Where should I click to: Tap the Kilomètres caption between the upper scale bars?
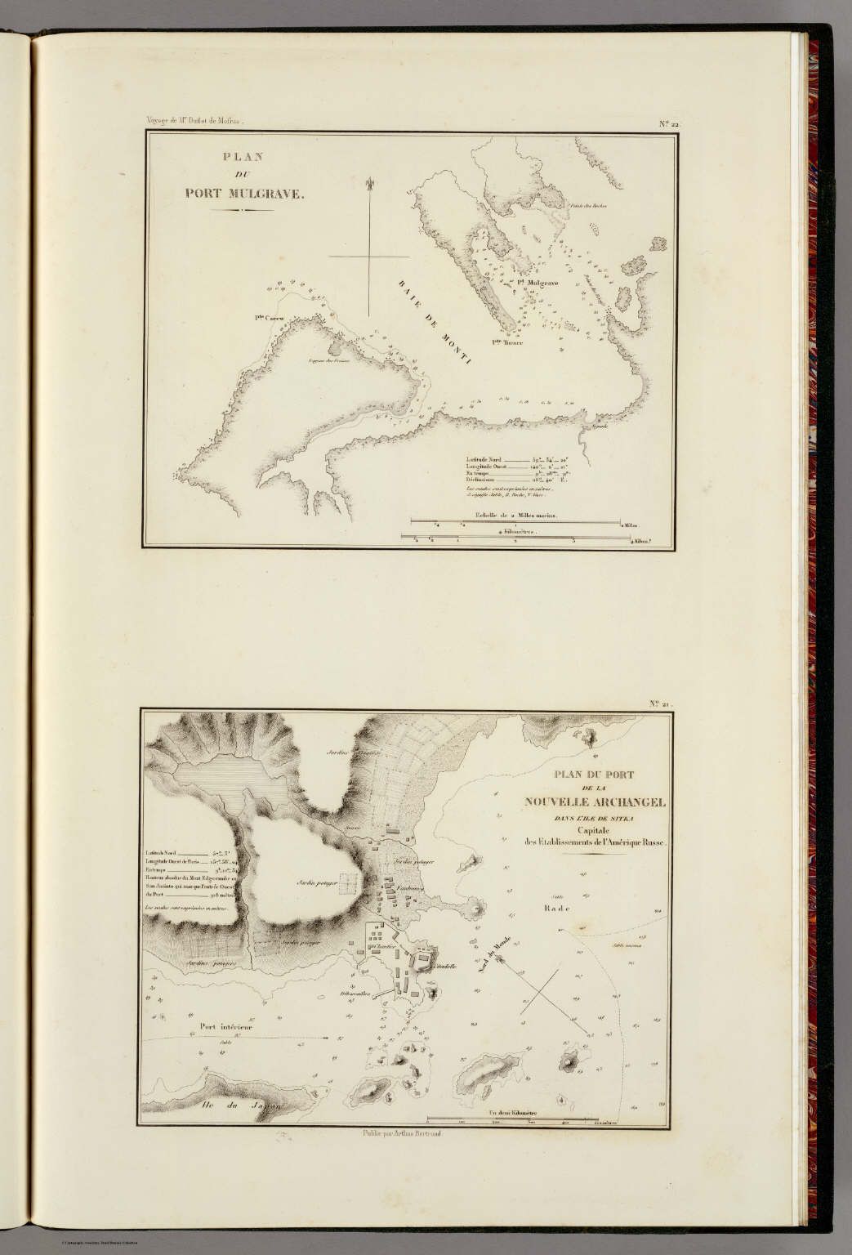pyautogui.click(x=513, y=529)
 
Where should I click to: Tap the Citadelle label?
pyautogui.click(x=448, y=967)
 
